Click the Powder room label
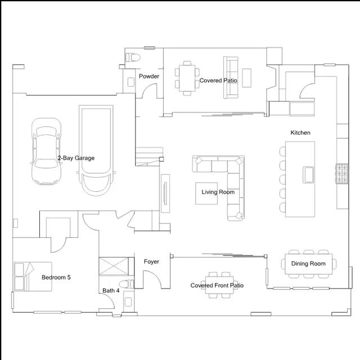point(149,76)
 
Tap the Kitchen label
point(300,133)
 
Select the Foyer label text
point(151,262)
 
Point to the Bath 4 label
point(111,291)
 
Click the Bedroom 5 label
point(56,277)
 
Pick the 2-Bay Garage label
point(76,158)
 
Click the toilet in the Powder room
point(133,57)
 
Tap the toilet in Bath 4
point(127,284)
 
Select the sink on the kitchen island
point(308,175)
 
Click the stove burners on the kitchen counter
point(343,174)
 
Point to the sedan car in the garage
point(46,151)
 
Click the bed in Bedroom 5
point(33,277)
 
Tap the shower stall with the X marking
point(114,266)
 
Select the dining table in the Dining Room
point(309,264)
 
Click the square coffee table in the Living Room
point(206,193)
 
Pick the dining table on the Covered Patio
point(187,78)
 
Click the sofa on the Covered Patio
point(231,78)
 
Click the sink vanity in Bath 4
point(128,301)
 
